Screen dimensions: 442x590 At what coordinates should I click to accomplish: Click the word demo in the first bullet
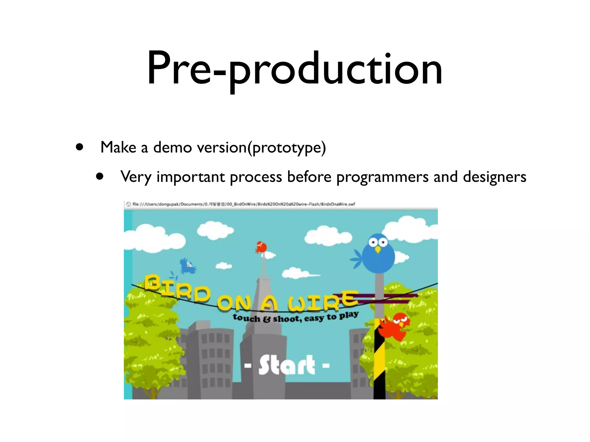coord(172,148)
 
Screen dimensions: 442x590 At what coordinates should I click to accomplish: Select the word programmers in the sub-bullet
coord(382,177)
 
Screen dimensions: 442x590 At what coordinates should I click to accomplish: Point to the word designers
coord(494,177)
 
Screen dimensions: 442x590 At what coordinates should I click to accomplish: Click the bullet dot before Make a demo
coord(80,147)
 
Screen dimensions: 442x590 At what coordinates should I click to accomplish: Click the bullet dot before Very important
coord(100,176)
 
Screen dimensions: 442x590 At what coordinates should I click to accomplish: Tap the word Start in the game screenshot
coord(287,365)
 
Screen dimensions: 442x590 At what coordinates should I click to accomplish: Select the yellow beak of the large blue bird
coord(378,249)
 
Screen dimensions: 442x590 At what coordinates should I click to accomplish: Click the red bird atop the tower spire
coord(261,247)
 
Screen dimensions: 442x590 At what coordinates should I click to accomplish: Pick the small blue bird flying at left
coord(187,266)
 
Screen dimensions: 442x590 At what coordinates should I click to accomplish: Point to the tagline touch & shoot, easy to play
coord(296,317)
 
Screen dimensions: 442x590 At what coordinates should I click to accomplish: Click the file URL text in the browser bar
coord(243,204)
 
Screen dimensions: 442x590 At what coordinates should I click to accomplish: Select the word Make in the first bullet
coord(118,148)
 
